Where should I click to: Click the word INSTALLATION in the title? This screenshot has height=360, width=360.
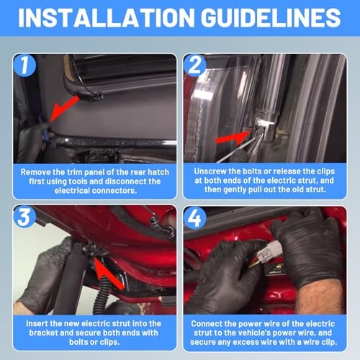[x=106, y=18]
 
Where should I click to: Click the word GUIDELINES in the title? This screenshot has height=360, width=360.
[x=271, y=18]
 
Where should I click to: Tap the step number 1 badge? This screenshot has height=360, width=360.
[x=24, y=66]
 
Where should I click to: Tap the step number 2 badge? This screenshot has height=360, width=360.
[x=195, y=66]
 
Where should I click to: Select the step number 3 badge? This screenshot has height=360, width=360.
[x=24, y=217]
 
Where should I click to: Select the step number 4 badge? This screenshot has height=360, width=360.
[x=195, y=218]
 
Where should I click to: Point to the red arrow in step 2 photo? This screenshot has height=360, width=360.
[x=233, y=138]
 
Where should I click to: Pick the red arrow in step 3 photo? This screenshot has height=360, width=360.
[x=109, y=273]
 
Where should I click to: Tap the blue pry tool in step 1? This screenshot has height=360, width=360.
[x=44, y=130]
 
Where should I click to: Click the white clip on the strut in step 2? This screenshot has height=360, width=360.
[x=265, y=123]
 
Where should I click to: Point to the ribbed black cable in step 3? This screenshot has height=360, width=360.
[x=101, y=296]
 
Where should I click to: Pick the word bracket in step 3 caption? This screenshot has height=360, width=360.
[x=43, y=333]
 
